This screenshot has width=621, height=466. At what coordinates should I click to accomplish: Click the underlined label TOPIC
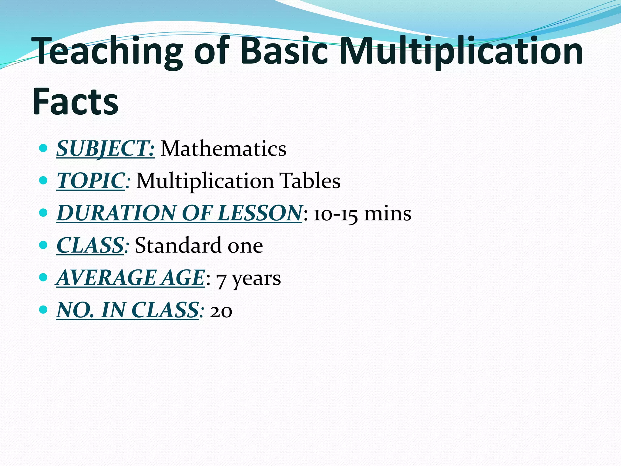point(91,181)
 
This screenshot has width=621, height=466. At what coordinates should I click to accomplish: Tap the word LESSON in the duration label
point(260,213)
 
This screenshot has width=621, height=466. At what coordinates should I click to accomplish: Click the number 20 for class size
point(221,311)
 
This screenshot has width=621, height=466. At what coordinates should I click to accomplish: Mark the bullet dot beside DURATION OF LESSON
point(44,213)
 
